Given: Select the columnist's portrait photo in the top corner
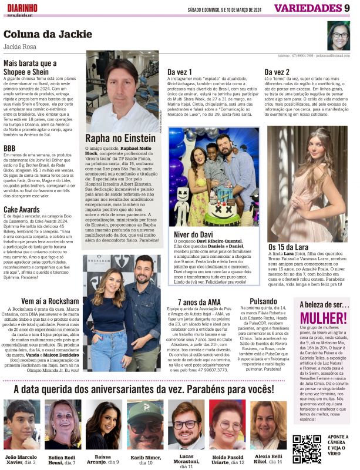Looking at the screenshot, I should pyautogui.click(x=339, y=36).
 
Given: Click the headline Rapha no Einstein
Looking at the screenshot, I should pyautogui.click(x=120, y=139).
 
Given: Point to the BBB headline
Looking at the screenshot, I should pyautogui.click(x=9, y=148).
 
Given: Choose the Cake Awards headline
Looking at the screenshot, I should pyautogui.click(x=22, y=209).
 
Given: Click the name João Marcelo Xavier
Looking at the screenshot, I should pyautogui.click(x=21, y=459).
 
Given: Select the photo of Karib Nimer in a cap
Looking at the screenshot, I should pyautogui.click(x=145, y=425).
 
